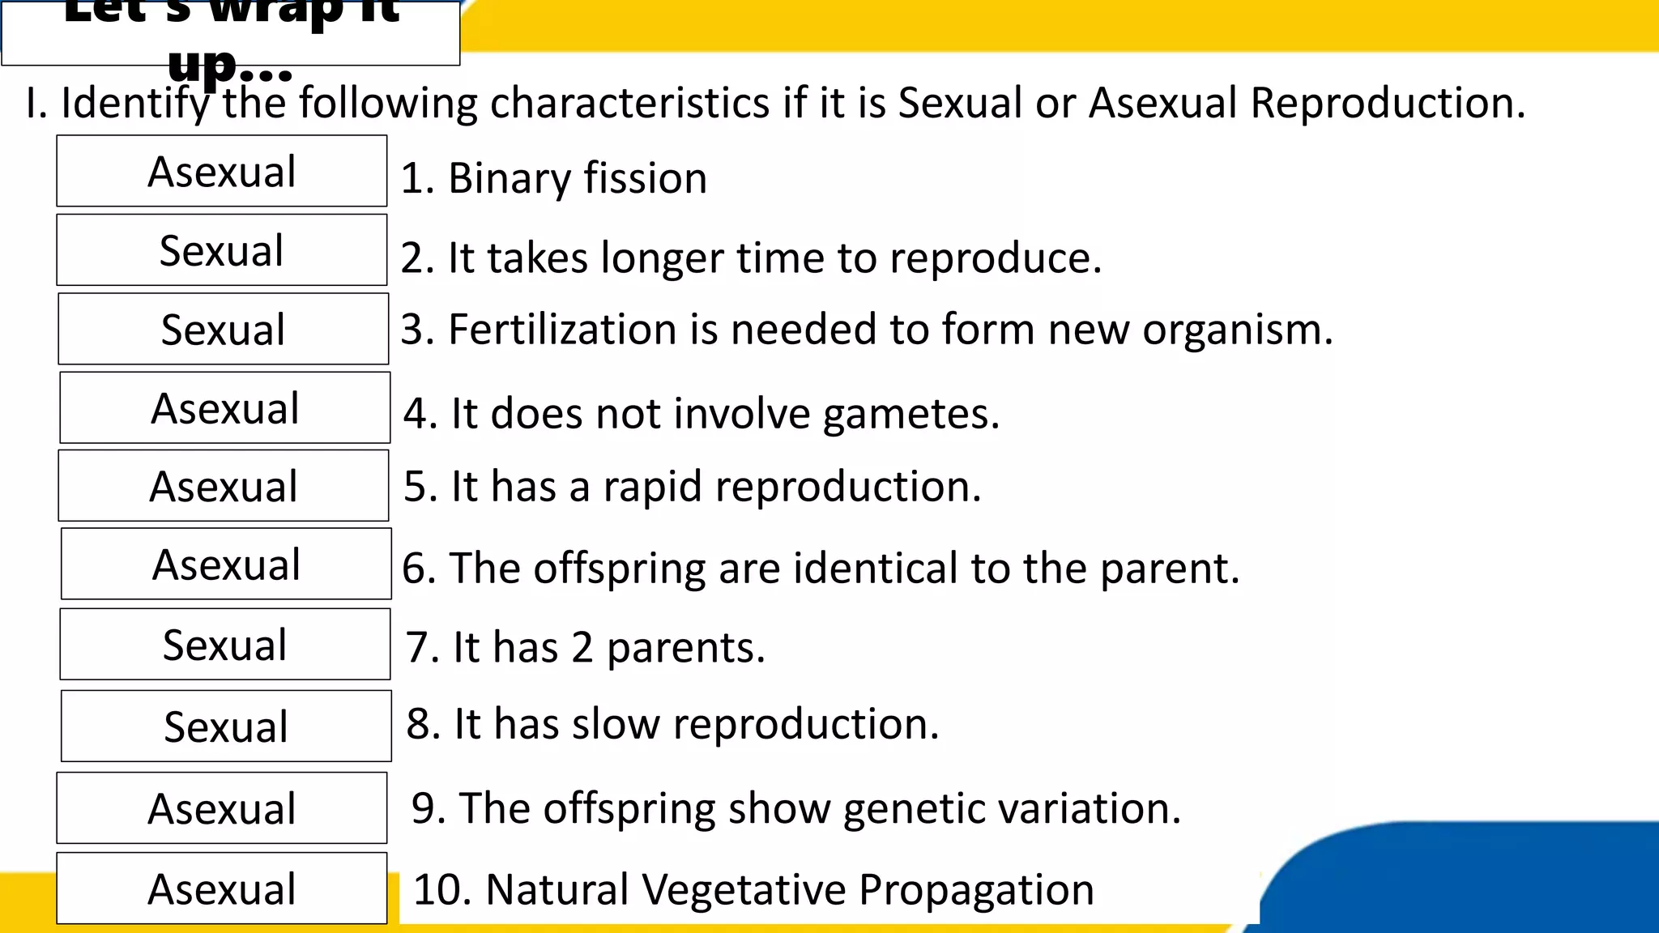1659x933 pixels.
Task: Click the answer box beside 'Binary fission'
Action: [x=221, y=171]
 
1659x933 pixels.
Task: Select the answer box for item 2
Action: [x=221, y=249]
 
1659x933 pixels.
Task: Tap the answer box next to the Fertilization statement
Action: [x=223, y=329]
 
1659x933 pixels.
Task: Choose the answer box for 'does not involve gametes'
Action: [x=224, y=407]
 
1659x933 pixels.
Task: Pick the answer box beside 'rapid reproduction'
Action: [x=223, y=486]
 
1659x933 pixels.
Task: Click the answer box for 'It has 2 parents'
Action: [x=224, y=645]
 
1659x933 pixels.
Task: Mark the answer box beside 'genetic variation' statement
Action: [x=221, y=808]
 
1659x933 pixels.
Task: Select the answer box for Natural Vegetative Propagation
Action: [x=221, y=888]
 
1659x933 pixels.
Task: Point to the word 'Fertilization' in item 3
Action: [x=561, y=330]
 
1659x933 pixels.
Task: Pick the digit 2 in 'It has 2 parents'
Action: [x=582, y=648]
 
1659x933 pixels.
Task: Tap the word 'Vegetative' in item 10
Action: [x=743, y=889]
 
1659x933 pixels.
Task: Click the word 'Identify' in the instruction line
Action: [x=134, y=104]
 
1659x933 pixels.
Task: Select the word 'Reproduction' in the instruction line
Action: [x=1387, y=103]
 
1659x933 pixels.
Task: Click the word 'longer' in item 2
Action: [x=662, y=258]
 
